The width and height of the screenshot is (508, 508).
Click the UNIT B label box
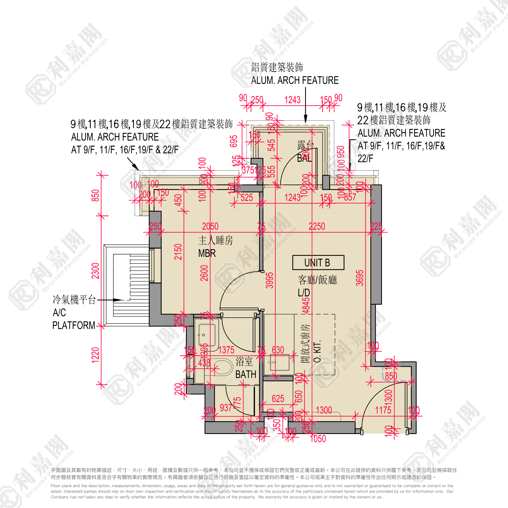point(318,262)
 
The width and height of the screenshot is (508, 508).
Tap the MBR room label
point(207,253)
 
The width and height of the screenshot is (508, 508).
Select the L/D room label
point(304,292)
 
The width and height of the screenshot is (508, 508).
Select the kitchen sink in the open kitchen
point(279,362)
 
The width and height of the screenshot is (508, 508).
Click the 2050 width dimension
point(210,226)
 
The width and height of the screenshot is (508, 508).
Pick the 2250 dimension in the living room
point(317,226)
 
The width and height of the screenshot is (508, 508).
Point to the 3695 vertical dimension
point(360,278)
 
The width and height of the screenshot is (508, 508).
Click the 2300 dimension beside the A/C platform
point(95,271)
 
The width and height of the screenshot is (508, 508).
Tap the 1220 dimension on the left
point(95,355)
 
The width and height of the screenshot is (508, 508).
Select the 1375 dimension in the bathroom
point(226,350)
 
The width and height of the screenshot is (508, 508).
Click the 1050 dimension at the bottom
point(318,438)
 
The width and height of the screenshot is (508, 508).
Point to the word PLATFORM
point(74,325)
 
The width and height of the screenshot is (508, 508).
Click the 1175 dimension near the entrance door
point(383,410)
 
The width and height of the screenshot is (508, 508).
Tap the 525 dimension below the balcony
point(247,197)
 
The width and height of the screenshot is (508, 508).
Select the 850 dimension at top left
point(95,195)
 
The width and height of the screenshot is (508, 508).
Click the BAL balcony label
point(304,158)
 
